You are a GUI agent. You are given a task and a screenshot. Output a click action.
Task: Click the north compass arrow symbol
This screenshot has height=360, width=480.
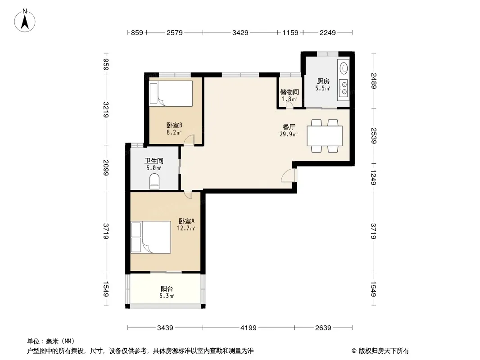(25, 21)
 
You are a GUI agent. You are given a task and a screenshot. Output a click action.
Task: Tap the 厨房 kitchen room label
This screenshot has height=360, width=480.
(323, 81)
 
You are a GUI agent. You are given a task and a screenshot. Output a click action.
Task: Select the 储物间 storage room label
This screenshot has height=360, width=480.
(289, 92)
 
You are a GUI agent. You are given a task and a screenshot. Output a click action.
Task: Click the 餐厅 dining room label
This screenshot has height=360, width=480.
(289, 127)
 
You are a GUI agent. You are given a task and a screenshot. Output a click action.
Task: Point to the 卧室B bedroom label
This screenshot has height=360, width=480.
(175, 125)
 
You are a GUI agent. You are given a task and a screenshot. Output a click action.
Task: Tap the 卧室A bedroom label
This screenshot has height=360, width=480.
(186, 221)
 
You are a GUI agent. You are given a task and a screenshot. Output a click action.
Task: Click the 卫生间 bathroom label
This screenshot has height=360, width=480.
(154, 161)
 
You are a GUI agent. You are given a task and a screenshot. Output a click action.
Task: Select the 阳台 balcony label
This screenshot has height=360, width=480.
(167, 288)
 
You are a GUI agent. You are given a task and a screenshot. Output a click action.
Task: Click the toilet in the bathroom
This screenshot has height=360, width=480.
(154, 181)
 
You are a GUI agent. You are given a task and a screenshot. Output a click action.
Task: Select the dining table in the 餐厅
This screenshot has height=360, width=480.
(325, 136)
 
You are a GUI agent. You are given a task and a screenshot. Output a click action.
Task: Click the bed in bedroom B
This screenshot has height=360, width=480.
(171, 93)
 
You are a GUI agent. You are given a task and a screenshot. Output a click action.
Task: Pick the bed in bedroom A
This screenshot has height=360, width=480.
(150, 237)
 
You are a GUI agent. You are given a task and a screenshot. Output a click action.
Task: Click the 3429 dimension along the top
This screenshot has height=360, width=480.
(240, 32)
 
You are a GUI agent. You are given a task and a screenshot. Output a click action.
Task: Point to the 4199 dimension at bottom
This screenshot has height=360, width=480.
(248, 328)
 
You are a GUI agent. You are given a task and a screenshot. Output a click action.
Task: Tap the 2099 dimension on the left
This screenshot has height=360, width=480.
(106, 167)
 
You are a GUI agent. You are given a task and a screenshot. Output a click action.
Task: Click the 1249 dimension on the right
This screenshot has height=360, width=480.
(373, 178)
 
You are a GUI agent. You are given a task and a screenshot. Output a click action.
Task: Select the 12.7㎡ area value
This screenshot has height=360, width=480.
(186, 228)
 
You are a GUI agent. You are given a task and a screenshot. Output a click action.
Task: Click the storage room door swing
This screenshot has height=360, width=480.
(289, 105)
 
